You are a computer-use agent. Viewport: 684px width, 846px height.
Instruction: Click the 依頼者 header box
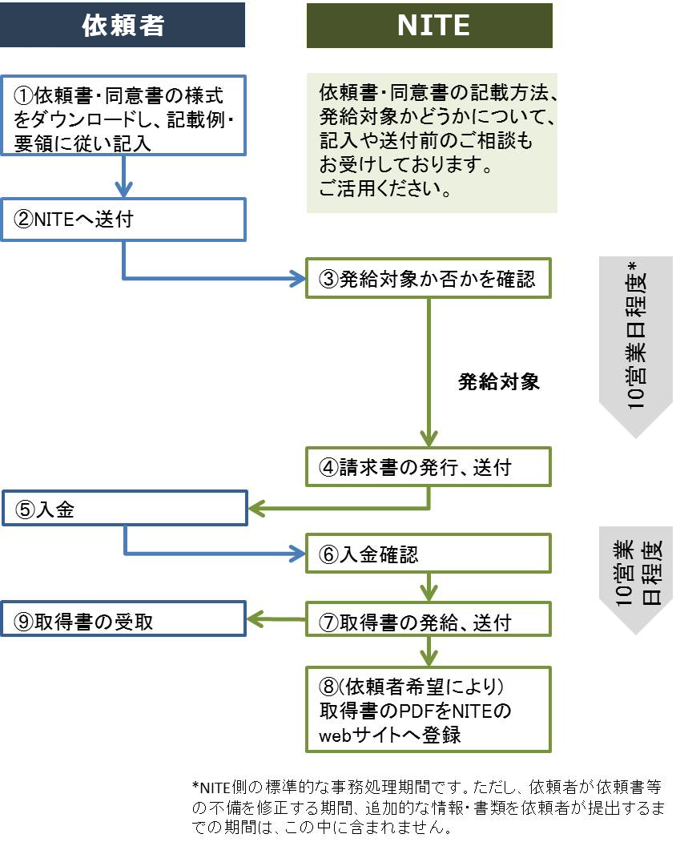click(x=123, y=26)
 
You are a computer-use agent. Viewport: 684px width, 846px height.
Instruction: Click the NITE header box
click(x=429, y=26)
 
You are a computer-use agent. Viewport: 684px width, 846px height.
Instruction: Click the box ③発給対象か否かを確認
click(x=429, y=279)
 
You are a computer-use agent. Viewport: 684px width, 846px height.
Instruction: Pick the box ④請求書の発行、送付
click(x=429, y=467)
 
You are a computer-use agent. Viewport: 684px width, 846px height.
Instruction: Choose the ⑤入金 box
click(x=124, y=509)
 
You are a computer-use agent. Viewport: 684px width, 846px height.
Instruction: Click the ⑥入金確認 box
click(x=429, y=554)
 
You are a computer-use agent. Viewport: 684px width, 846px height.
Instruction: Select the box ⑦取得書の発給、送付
click(x=429, y=619)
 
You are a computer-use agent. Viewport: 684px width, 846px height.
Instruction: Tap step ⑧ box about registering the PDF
click(x=429, y=711)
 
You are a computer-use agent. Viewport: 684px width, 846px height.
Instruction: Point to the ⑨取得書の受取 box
click(x=124, y=619)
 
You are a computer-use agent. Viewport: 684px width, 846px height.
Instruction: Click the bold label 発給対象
click(x=498, y=382)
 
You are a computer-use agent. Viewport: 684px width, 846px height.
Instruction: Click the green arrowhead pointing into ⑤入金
click(x=256, y=509)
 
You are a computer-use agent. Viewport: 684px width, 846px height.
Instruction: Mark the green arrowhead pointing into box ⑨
click(x=256, y=619)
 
